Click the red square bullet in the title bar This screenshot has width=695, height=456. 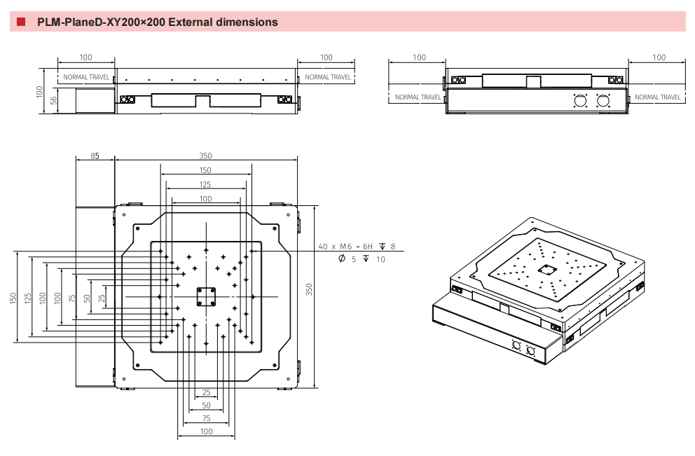[x=21, y=22]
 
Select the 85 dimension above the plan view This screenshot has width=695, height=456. [x=95, y=156]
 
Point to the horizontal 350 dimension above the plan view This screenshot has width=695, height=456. [x=205, y=156]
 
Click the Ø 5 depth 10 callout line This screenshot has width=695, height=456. [x=362, y=259]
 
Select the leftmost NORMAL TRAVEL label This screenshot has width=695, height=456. [x=86, y=77]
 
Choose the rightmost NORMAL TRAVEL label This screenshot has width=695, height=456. [x=658, y=97]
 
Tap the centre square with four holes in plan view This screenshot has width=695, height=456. [x=205, y=296]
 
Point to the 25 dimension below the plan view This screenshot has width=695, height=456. [x=206, y=392]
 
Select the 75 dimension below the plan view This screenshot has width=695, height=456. [x=206, y=418]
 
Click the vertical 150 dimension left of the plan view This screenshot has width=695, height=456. [x=13, y=298]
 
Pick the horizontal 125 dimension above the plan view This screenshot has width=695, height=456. [x=205, y=184]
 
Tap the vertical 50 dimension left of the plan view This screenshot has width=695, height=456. [x=87, y=298]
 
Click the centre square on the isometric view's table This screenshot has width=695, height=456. [x=546, y=269]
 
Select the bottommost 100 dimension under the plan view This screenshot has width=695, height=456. [x=206, y=431]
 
